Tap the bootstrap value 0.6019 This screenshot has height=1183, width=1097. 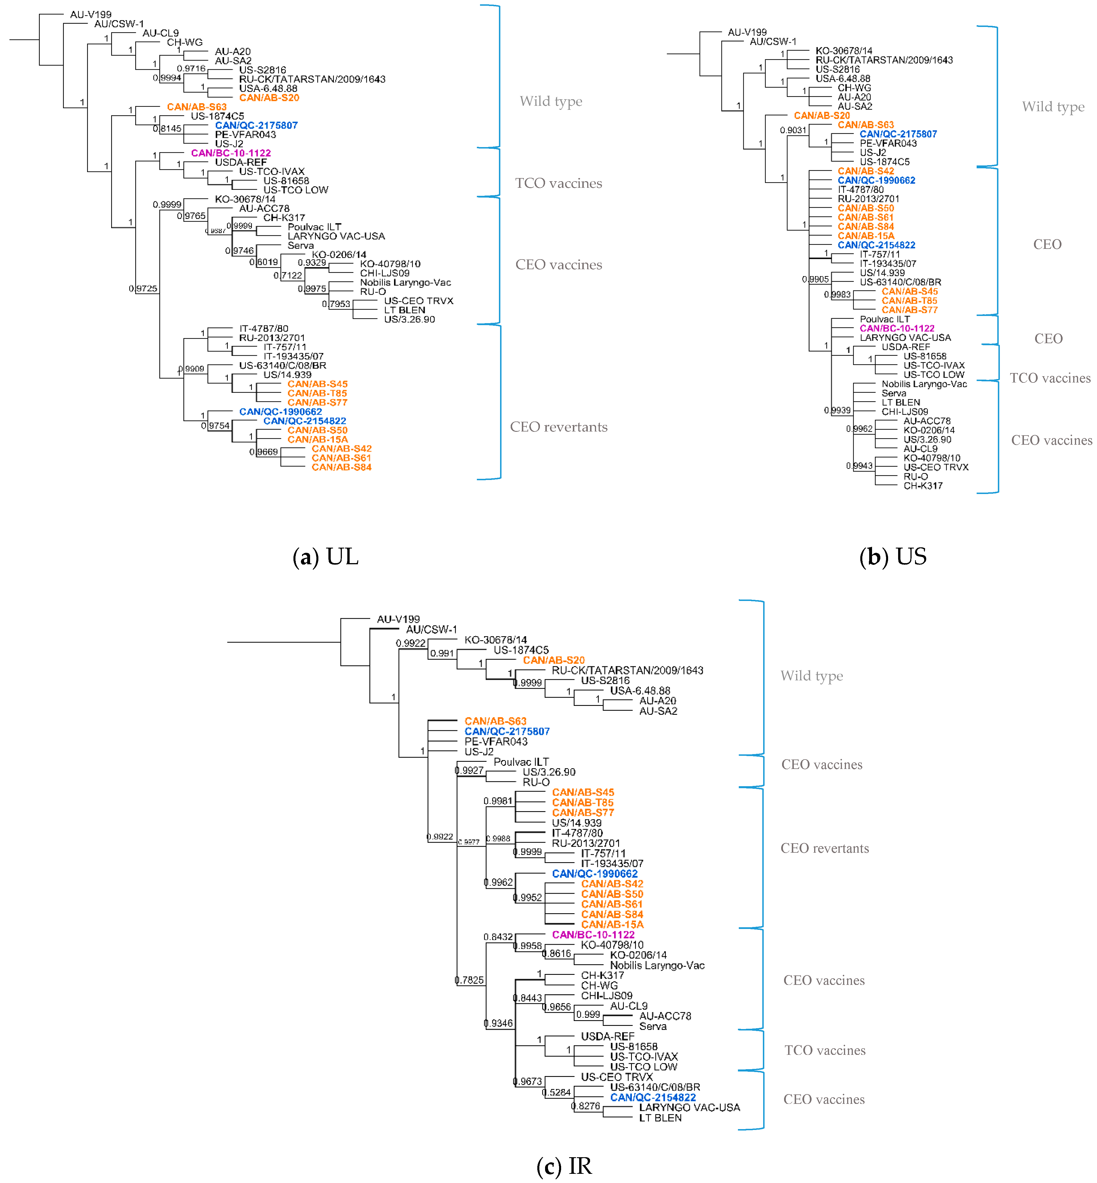point(264,262)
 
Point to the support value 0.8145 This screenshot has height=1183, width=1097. point(168,128)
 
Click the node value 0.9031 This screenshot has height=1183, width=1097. point(793,130)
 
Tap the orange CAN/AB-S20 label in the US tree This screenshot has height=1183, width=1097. point(822,115)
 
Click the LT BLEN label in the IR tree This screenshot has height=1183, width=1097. point(660,1118)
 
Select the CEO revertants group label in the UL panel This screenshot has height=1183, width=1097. point(559,427)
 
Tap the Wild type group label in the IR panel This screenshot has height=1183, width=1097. point(812,676)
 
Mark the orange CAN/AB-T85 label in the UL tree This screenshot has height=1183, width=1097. point(317,393)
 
